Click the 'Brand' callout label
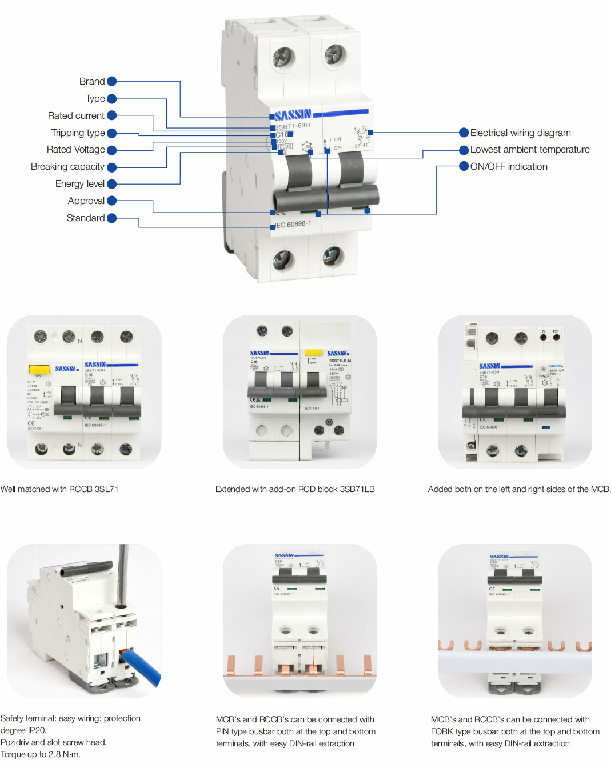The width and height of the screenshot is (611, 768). [x=92, y=82]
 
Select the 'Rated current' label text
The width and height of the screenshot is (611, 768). [x=76, y=116]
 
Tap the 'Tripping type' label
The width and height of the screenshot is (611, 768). [x=78, y=133]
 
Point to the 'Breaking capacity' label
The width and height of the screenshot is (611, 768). [x=67, y=167]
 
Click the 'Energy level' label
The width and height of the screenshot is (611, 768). [x=80, y=184]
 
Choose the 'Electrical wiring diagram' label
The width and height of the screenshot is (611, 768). [x=520, y=133]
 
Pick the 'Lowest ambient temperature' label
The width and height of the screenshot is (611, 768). [x=529, y=150]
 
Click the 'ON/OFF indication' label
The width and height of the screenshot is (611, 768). [x=509, y=167]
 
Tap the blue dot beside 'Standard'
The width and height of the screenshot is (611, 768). [x=112, y=218]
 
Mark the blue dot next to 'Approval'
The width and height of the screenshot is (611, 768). [x=112, y=201]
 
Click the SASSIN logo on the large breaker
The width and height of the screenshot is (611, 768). [x=293, y=115]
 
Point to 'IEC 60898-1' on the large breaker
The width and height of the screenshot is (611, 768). [x=294, y=225]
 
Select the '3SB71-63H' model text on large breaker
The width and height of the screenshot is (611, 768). [x=293, y=126]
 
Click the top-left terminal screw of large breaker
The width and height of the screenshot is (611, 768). [x=283, y=57]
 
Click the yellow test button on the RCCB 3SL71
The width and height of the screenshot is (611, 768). [x=39, y=370]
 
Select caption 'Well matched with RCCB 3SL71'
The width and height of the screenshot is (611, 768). [x=59, y=489]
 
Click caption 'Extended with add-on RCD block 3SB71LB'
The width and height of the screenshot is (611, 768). [x=295, y=489]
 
